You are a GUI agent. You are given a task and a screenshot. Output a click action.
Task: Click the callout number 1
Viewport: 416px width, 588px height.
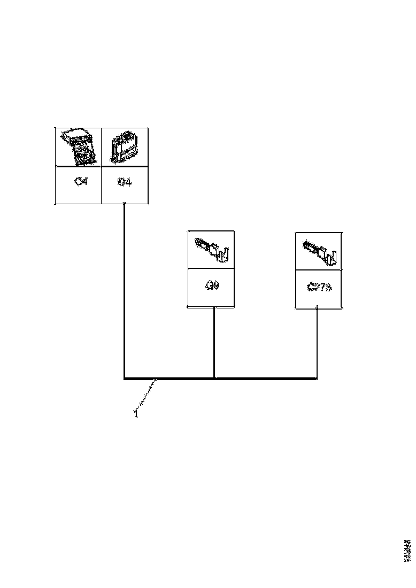coord(136,413)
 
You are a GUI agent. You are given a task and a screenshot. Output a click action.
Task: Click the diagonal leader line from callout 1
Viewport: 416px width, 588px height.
coord(146,396)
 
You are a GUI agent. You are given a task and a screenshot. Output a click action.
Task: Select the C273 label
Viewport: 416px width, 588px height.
coord(319,287)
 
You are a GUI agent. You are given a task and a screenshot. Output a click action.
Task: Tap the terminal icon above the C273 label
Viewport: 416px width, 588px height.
coord(319,251)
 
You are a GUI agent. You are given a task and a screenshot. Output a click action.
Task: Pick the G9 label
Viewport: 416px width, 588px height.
coord(212,286)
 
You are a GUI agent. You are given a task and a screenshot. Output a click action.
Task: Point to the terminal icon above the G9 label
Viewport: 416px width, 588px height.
coord(211,249)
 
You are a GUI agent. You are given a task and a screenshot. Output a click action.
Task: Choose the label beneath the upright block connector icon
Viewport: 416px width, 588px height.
coord(124,182)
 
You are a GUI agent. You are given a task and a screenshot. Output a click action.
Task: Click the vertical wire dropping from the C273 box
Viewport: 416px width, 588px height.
coord(318,342)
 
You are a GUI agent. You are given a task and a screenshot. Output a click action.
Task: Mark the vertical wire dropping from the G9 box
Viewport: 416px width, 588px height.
coord(214,342)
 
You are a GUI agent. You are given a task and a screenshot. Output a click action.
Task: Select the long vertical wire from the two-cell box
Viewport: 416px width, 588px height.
coord(124,289)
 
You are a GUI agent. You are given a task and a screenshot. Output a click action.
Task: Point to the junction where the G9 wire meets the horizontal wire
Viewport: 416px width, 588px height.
coord(214,378)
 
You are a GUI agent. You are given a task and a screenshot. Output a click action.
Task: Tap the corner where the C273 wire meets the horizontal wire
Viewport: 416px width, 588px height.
coord(317,378)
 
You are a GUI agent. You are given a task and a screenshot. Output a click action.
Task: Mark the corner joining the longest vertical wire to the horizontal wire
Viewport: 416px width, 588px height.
coord(125,378)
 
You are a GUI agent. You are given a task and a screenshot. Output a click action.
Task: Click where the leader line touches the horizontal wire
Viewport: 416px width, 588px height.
coord(156,380)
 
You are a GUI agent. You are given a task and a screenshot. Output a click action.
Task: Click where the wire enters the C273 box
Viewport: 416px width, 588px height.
coord(318,308)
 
